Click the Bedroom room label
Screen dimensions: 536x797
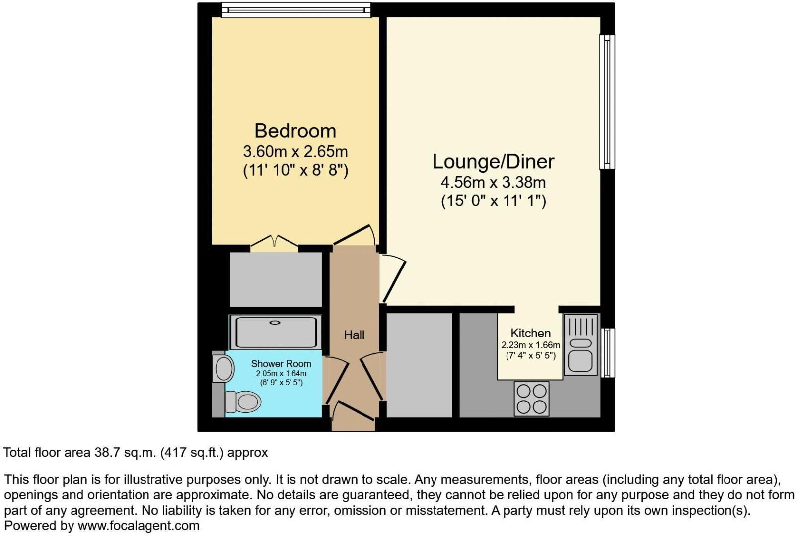(x=295, y=131)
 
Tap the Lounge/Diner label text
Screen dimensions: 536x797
(x=493, y=162)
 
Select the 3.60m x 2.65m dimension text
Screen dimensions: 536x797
(x=295, y=151)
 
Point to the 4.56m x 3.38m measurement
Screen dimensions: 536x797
(x=493, y=182)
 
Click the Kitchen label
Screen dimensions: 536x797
(x=530, y=333)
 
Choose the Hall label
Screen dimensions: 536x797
(x=354, y=335)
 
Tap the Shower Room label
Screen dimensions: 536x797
(x=281, y=364)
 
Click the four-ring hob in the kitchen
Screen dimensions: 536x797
(x=532, y=399)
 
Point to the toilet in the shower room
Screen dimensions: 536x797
(x=243, y=401)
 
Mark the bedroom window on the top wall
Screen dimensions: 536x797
(x=296, y=10)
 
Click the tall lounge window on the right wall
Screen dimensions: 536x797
(x=607, y=102)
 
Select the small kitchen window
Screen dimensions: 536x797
(x=607, y=352)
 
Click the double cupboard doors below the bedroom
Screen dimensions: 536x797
(x=274, y=242)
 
